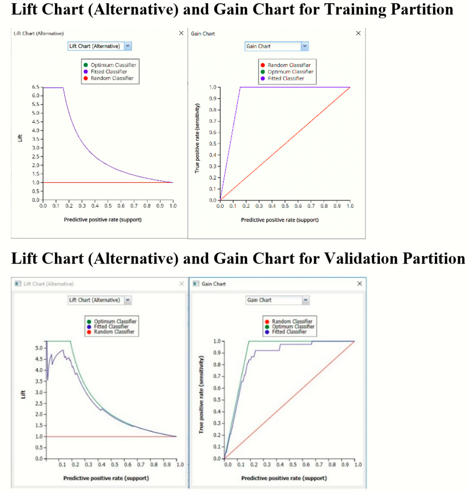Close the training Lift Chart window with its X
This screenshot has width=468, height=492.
(181, 33)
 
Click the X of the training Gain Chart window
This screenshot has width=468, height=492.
(358, 33)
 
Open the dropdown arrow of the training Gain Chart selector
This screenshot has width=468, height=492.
(305, 46)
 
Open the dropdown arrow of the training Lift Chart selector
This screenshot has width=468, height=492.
(128, 46)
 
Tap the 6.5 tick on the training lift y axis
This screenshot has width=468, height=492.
(36, 87)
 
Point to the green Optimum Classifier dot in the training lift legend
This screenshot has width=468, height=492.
(86, 65)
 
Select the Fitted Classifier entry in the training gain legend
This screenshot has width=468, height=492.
(286, 78)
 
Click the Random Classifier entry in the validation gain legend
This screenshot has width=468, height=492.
(292, 321)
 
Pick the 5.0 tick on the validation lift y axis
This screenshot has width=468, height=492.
(39, 348)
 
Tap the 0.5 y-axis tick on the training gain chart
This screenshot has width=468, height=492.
(213, 144)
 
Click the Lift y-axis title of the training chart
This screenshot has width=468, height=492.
(20, 138)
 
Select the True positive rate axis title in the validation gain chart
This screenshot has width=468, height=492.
(201, 394)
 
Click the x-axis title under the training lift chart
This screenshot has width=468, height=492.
(103, 220)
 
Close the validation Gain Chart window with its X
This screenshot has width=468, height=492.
(359, 284)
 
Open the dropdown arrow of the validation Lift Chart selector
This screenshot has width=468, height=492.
(128, 300)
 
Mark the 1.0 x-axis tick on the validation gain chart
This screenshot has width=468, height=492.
(358, 465)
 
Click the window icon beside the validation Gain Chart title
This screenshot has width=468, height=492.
(196, 284)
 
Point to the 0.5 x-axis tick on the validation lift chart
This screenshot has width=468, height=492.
(115, 465)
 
